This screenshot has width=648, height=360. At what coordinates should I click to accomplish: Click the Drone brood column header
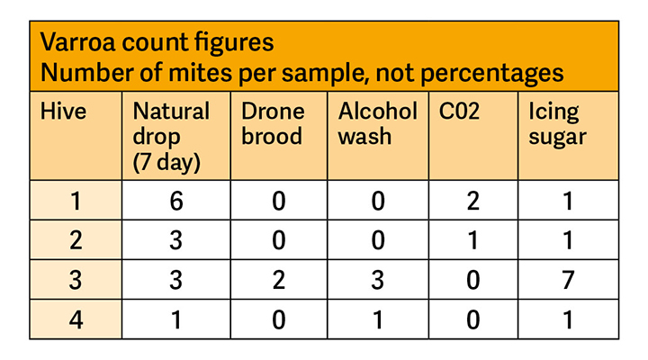274,124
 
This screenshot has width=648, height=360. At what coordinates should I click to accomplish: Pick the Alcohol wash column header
377,124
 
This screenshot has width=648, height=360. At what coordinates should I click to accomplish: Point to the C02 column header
460,112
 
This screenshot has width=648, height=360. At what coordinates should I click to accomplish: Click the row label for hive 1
76,201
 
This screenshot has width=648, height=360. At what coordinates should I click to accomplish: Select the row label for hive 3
76,279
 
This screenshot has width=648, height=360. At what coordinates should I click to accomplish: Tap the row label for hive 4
76,319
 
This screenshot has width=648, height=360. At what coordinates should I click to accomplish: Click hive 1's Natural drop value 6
176,201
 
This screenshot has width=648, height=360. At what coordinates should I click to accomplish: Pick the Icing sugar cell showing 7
568,279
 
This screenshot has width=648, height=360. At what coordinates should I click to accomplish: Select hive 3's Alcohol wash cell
379,279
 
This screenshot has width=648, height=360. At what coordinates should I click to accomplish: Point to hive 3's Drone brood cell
279,279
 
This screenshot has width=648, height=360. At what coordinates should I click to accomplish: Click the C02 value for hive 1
473,201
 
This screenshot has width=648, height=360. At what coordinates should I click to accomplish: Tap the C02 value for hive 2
473,240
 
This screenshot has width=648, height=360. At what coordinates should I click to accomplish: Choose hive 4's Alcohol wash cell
379,319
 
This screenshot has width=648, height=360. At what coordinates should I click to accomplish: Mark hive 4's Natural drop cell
176,319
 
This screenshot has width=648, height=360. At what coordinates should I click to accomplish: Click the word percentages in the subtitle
492,72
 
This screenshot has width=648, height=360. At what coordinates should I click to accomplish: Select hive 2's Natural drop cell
176,240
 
